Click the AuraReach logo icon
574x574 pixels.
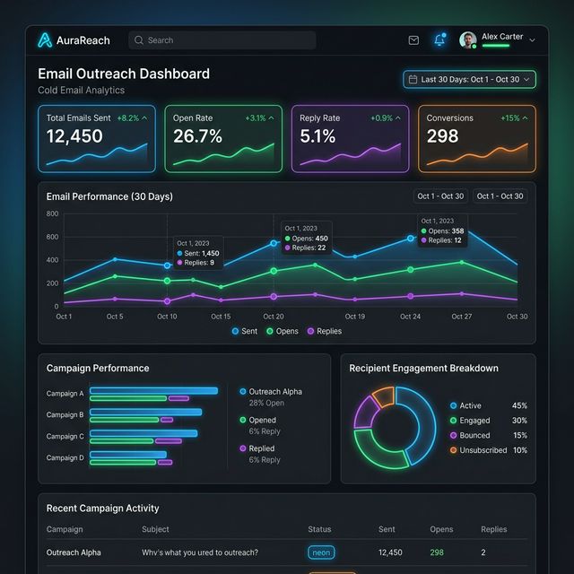coord(45,40)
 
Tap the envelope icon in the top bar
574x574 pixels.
coord(413,40)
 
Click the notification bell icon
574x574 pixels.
coord(439,40)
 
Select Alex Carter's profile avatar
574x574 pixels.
coord(467,40)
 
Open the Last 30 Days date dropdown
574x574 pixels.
coord(469,79)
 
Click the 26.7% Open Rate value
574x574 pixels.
coord(197,136)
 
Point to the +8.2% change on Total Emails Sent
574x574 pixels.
coord(132,118)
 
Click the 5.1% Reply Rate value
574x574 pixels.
coord(317,136)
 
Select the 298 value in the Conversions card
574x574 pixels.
coord(442,136)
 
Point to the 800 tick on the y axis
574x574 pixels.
coord(52,213)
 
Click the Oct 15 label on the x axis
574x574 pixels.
coord(221,317)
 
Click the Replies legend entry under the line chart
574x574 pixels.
coord(325,331)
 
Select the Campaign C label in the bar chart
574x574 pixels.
coord(65,436)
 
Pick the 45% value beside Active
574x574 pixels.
coord(519,405)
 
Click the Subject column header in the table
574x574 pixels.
coord(156,529)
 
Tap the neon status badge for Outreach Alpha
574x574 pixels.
coord(321,552)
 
